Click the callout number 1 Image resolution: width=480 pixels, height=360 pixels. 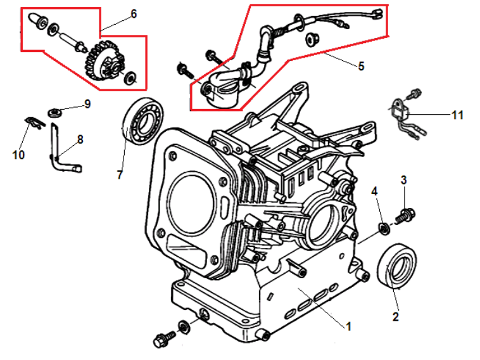348,326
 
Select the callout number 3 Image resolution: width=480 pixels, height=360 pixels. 403,180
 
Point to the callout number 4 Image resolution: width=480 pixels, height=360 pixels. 375,191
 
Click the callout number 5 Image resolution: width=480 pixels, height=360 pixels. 361,66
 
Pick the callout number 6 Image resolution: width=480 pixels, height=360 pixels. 134,14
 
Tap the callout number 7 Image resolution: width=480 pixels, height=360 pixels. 120,174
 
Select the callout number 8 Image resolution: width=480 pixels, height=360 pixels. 80,139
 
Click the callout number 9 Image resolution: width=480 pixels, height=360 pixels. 87,103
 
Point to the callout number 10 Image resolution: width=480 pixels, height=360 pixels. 18,154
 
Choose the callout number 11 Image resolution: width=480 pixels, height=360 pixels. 457,115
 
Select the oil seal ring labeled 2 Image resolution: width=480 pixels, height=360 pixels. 398,265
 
